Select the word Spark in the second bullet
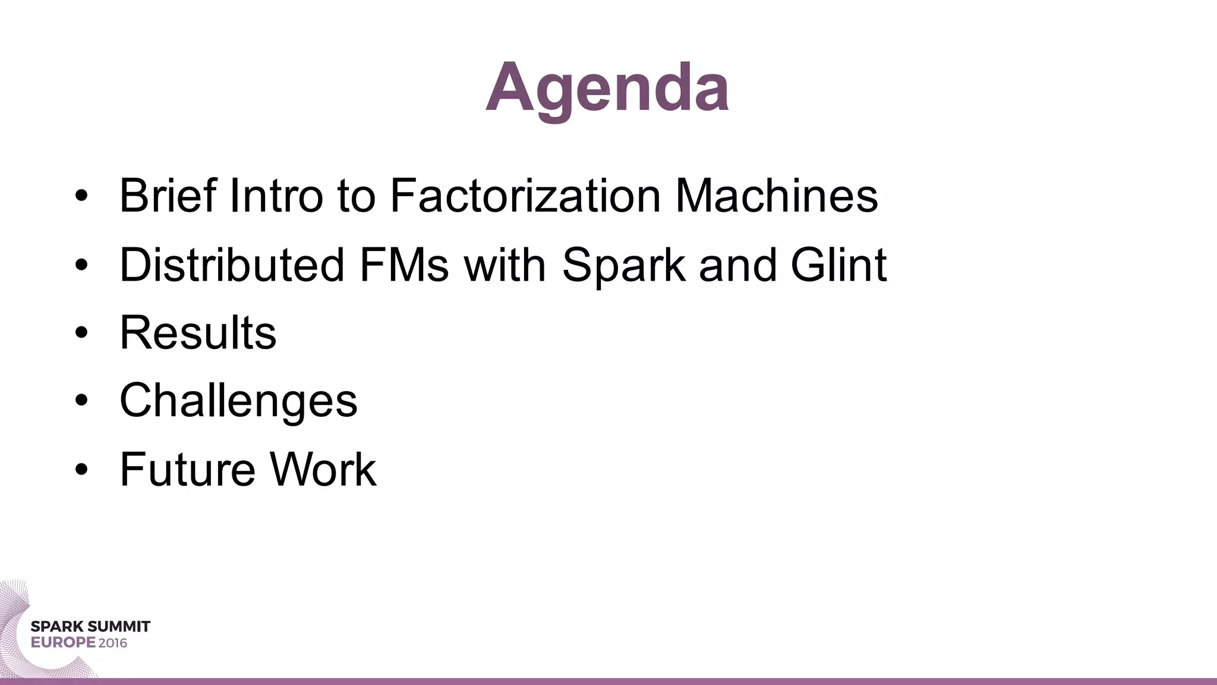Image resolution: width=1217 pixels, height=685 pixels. click(x=623, y=265)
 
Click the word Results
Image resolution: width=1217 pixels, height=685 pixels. click(x=198, y=332)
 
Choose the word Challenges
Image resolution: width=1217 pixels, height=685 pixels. click(x=238, y=401)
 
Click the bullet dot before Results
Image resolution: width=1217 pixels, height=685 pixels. click(x=81, y=333)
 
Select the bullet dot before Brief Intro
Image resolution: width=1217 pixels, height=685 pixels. click(x=81, y=196)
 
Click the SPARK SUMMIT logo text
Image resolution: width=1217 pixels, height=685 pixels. click(x=90, y=627)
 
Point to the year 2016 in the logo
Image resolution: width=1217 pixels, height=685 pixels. click(x=113, y=643)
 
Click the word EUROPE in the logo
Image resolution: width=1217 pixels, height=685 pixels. click(x=63, y=643)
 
